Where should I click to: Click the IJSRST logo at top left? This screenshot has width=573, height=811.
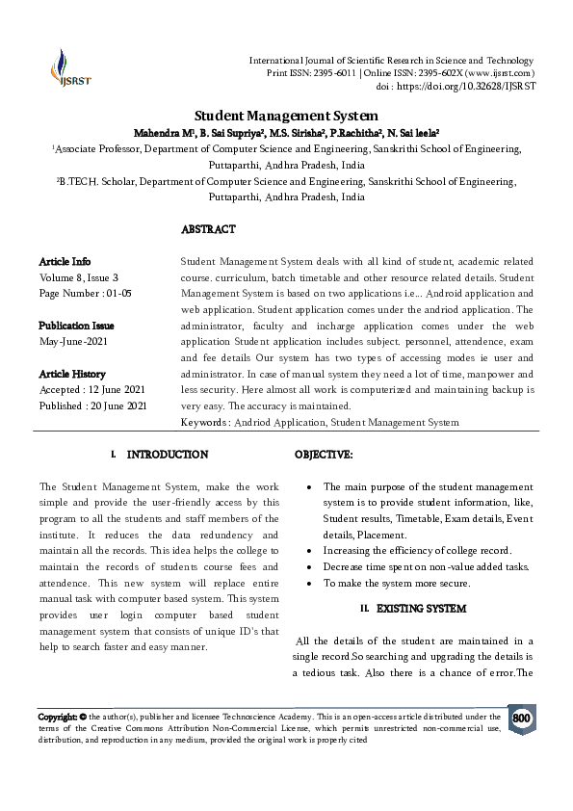click(x=66, y=66)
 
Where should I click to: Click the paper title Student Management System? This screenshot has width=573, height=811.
click(x=285, y=115)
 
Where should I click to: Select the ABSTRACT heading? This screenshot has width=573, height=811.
click(x=208, y=230)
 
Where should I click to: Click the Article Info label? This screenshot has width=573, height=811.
click(x=65, y=262)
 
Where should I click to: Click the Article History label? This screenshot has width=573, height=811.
click(x=72, y=374)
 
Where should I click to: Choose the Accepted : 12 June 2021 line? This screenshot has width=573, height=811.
click(x=91, y=390)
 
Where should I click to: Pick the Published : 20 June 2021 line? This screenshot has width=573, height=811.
click(x=92, y=406)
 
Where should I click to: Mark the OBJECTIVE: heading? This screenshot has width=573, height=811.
click(x=324, y=454)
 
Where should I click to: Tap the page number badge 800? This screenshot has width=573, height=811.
click(x=521, y=719)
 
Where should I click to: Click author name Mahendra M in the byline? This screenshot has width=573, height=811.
click(x=159, y=132)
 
